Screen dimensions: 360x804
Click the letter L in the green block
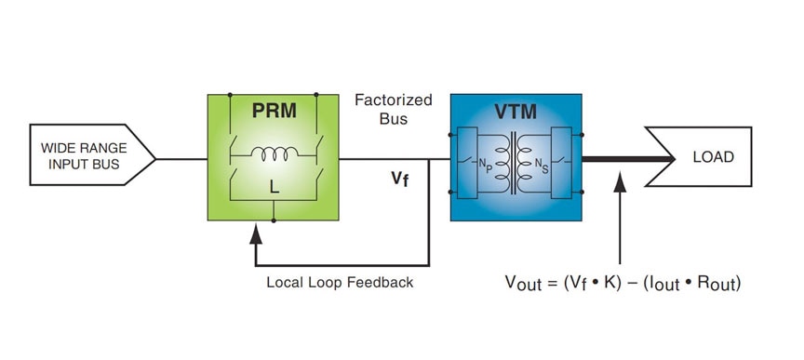tap(274, 187)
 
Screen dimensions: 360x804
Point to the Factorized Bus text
tap(382, 108)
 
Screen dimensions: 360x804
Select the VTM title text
tap(516, 112)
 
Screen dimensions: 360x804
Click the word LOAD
tap(713, 156)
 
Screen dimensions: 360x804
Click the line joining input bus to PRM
tap(181, 159)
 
